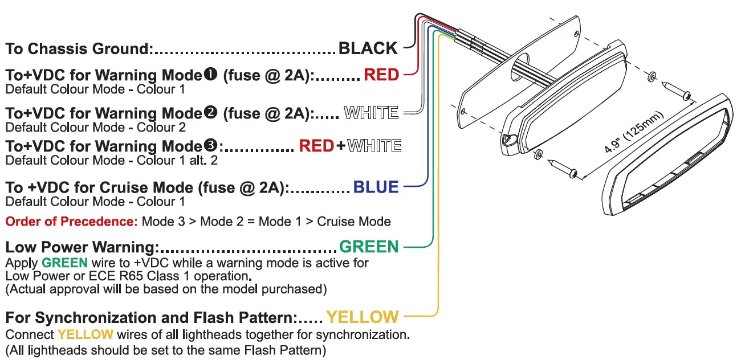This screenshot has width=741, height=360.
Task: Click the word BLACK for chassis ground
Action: click(x=368, y=48)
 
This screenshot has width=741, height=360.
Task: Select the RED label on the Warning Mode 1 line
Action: click(x=381, y=75)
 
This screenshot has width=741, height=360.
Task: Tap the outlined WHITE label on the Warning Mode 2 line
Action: click(x=372, y=113)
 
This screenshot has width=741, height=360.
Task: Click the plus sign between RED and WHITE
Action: click(x=340, y=146)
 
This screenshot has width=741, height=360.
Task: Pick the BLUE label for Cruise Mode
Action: click(x=376, y=187)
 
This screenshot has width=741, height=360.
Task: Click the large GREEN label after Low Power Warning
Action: click(x=369, y=247)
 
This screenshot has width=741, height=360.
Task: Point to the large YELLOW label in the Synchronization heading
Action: click(x=362, y=317)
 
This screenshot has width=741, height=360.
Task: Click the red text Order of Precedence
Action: click(x=71, y=221)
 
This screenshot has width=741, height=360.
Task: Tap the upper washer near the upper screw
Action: click(x=652, y=75)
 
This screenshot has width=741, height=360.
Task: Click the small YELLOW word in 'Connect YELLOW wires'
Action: click(x=85, y=334)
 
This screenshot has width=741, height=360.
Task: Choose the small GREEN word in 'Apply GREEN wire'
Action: click(x=64, y=263)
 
